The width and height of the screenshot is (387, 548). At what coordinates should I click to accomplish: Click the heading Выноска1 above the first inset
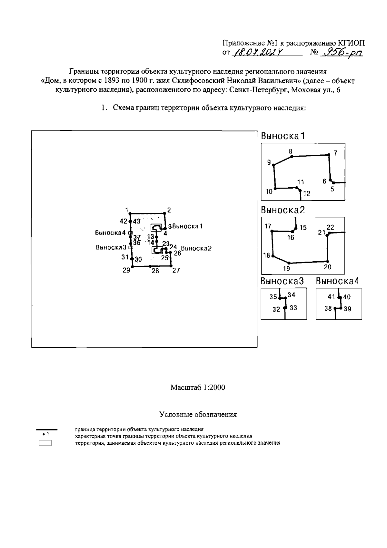pos(283,136)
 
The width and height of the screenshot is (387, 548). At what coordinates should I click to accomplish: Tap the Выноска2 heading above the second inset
pos(283,210)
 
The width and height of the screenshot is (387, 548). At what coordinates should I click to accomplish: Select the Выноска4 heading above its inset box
pos(337,281)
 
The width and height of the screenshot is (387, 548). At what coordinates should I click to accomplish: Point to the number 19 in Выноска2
pos(286,268)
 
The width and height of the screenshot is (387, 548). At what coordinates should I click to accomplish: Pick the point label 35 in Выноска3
pos(273,297)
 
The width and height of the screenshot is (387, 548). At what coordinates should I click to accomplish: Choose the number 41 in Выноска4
pos(331,297)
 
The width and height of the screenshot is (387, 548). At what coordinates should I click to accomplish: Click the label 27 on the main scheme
pos(176,271)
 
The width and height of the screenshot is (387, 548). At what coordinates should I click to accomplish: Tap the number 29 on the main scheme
pos(126,270)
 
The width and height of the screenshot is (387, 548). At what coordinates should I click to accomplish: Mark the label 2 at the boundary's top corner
pos(169,210)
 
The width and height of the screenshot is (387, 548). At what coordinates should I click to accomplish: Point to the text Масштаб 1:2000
pos(198,387)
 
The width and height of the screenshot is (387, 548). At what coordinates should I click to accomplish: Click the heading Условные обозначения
pos(198,414)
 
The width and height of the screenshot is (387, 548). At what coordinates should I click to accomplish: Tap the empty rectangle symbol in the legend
pos(45,443)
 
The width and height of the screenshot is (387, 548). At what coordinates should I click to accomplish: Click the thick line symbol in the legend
pos(47,429)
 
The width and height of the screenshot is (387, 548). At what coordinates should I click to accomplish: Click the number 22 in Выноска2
pos(330,228)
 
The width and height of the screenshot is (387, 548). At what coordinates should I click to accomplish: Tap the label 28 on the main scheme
pos(155,271)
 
